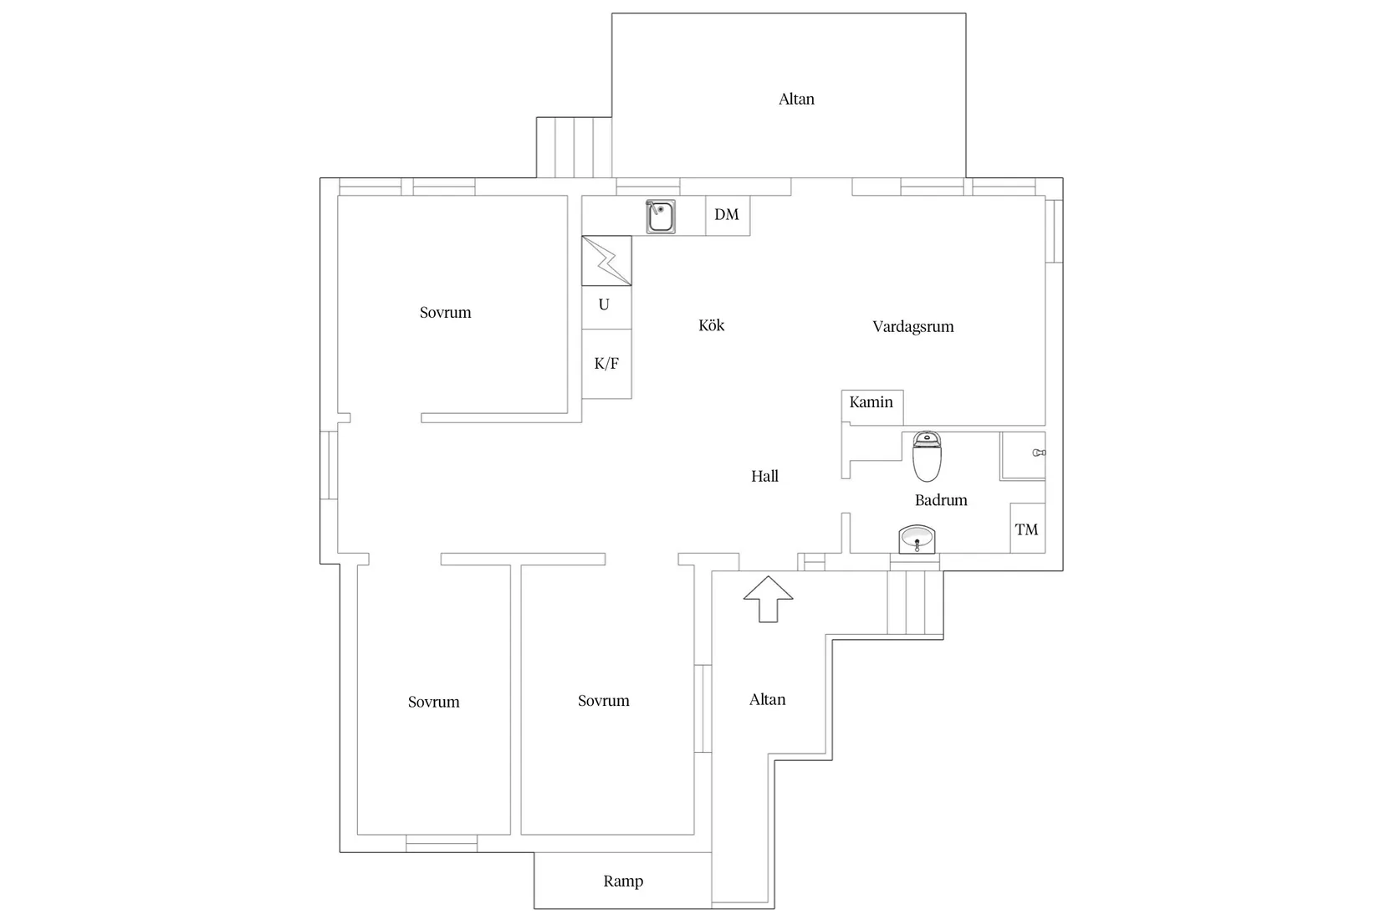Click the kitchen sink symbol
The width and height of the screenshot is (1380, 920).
point(661,217)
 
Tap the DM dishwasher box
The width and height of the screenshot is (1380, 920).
point(727,215)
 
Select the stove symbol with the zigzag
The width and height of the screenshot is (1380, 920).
point(606,260)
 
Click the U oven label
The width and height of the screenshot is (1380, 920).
point(604,305)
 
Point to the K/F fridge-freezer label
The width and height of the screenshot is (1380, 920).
point(606,364)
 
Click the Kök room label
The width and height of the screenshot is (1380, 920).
point(712,325)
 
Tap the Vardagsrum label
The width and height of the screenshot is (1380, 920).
point(912,327)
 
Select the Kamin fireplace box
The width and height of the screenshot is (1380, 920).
point(871,405)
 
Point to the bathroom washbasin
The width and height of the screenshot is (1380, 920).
point(917,538)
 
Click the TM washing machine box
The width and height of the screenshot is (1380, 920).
point(1026,529)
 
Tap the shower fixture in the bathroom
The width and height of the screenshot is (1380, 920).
point(1038,452)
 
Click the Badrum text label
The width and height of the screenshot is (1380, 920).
point(941,500)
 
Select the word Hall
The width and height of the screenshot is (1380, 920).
point(764,477)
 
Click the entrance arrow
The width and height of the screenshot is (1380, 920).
point(768,599)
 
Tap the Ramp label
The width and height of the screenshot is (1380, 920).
point(623,881)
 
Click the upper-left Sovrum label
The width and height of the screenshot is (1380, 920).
point(445,313)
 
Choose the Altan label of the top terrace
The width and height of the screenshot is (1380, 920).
point(796,99)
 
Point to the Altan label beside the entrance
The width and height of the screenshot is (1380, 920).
point(767,700)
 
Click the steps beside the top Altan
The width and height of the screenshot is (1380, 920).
point(574,147)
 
